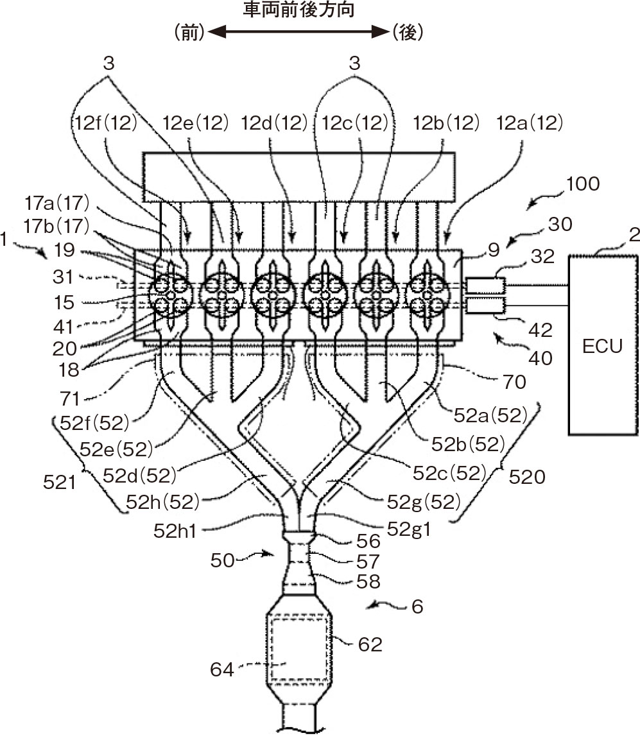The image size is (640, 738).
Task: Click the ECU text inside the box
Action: coord(602,347)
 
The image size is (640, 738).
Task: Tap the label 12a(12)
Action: coord(530,123)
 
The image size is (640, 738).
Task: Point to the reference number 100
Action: coord(582,184)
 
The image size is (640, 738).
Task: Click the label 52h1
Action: coord(174,531)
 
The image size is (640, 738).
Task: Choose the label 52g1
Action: coord(409,529)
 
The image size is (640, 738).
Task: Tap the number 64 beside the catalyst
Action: coord(222,669)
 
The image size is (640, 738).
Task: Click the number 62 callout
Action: coord(370,644)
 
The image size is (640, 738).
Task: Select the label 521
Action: coord(59,483)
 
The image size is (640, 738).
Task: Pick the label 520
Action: coord(527,477)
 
